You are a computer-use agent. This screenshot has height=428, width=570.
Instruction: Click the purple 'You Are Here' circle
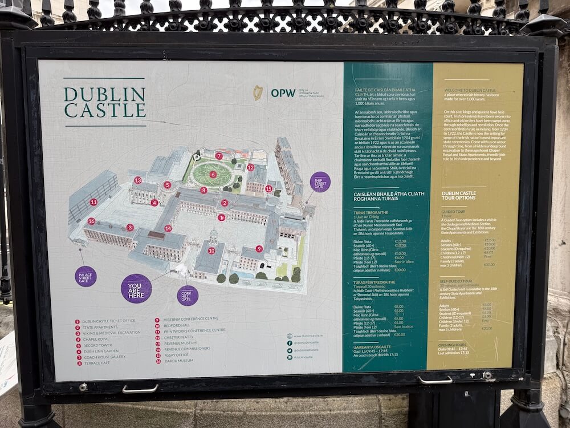(x=136, y=288)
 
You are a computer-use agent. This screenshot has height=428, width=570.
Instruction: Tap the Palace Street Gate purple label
(x=85, y=276)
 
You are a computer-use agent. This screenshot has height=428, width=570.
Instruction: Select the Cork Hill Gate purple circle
(x=188, y=296)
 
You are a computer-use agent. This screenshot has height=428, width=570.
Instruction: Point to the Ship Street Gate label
(x=320, y=182)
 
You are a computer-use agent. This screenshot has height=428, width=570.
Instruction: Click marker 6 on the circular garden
(x=213, y=175)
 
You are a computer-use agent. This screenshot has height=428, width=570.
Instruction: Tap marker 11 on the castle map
(x=93, y=202)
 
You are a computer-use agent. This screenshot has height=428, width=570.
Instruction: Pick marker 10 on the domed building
(x=211, y=251)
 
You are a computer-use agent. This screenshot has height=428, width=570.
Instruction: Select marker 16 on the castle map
(x=91, y=221)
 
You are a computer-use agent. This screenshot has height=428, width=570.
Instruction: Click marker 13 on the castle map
(x=137, y=180)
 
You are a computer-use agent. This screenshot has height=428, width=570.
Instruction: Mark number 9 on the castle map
(x=259, y=249)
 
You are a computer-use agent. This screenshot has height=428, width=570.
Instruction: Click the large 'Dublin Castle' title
(x=105, y=102)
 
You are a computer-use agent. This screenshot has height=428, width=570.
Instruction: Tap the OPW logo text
(x=283, y=92)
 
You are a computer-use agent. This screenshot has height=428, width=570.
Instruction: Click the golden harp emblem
(x=258, y=92)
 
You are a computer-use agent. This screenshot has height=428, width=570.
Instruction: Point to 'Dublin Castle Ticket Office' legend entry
(x=108, y=321)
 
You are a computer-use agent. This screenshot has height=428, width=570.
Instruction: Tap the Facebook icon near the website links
(x=290, y=343)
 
